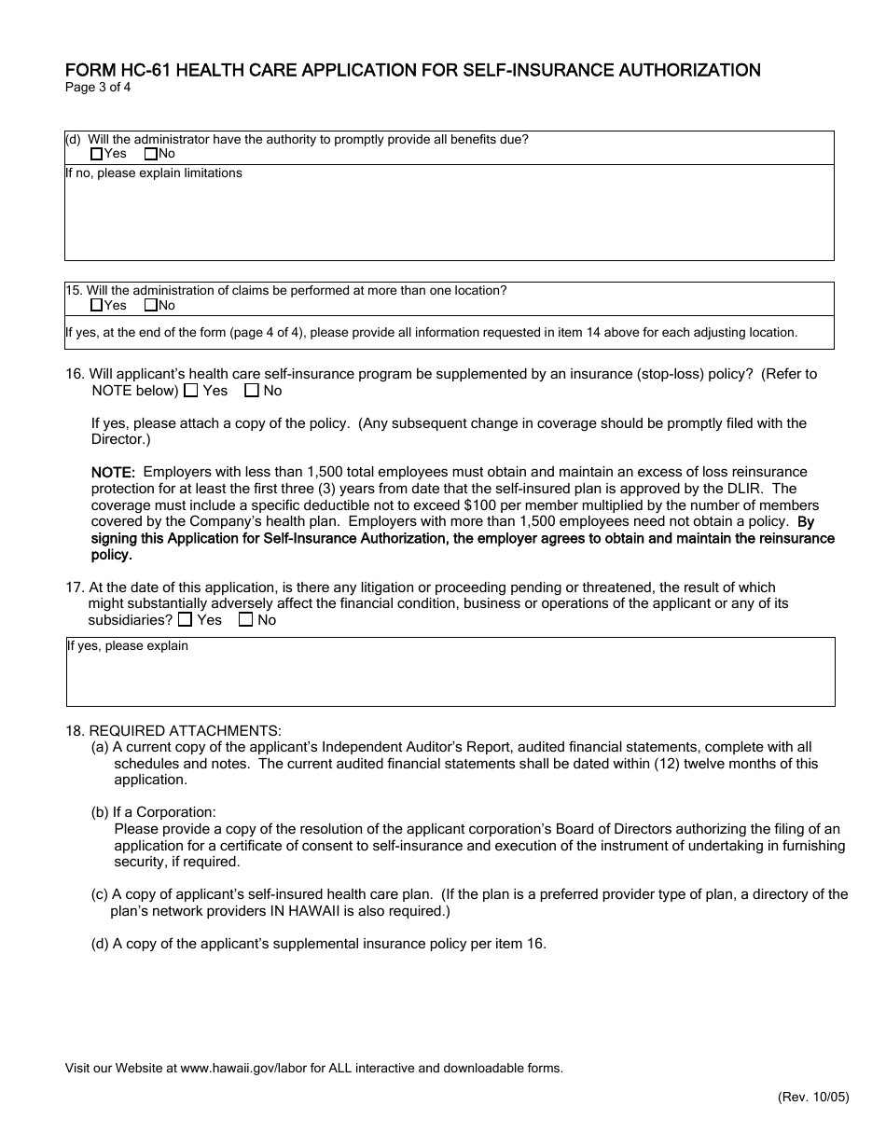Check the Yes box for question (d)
click(x=97, y=154)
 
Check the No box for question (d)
click(x=151, y=154)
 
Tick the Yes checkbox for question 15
click(x=97, y=305)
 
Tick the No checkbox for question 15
click(x=151, y=305)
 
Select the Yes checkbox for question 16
click(x=191, y=391)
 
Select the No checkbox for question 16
click(x=251, y=391)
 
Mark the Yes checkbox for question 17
click(x=186, y=619)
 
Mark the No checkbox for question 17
click(x=246, y=619)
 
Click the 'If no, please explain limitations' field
click(x=448, y=219)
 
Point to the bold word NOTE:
click(x=113, y=473)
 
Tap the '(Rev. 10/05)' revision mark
click(x=813, y=1098)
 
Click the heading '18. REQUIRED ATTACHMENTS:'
click(x=173, y=730)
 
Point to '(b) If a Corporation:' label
click(x=153, y=812)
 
